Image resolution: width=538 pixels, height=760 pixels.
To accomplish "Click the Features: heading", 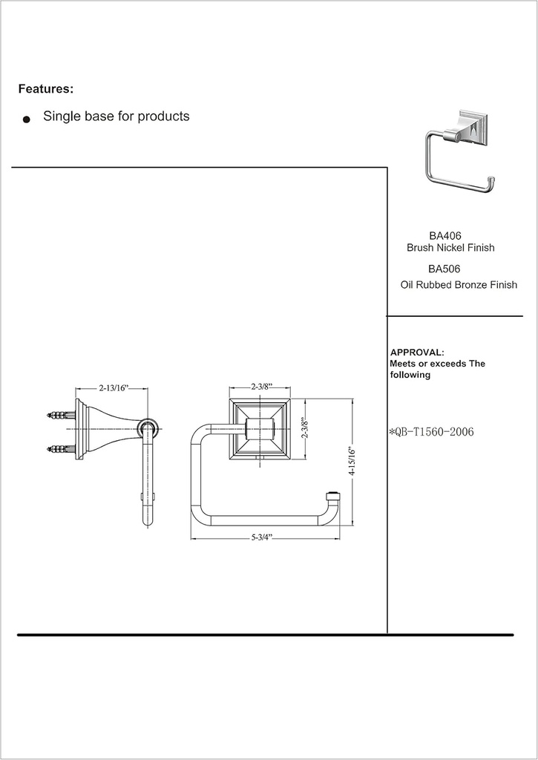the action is click(46, 89).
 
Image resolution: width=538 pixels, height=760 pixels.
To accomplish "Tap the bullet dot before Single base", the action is click(27, 119).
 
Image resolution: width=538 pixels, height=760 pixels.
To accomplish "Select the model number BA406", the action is click(445, 236).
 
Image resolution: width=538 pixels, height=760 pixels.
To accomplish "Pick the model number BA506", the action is click(444, 269).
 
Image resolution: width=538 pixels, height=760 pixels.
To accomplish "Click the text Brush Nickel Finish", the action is click(450, 248).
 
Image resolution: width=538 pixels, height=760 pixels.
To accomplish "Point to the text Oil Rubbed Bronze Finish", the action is click(459, 285).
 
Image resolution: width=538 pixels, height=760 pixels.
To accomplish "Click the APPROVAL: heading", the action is click(417, 353).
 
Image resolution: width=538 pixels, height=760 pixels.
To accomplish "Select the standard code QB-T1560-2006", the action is click(432, 432).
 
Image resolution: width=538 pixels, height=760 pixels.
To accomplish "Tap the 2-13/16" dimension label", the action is click(114, 387).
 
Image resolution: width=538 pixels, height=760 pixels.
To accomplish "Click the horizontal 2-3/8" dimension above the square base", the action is click(262, 387).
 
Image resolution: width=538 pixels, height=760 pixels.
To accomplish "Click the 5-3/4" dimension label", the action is click(262, 537).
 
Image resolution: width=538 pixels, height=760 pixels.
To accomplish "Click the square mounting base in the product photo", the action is click(473, 128).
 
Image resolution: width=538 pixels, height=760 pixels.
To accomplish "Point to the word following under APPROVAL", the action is click(410, 375).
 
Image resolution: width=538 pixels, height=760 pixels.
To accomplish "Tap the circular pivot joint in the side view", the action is click(146, 429).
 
